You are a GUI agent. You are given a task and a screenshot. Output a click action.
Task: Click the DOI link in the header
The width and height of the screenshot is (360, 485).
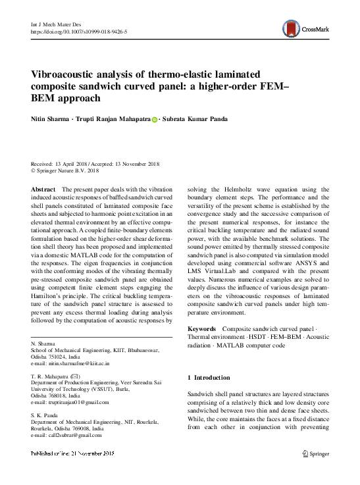point(80,32)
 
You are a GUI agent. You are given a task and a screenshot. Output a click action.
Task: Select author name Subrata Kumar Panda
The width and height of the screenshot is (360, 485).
point(198,120)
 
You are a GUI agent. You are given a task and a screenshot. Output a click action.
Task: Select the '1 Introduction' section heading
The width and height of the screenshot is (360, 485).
point(209,378)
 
